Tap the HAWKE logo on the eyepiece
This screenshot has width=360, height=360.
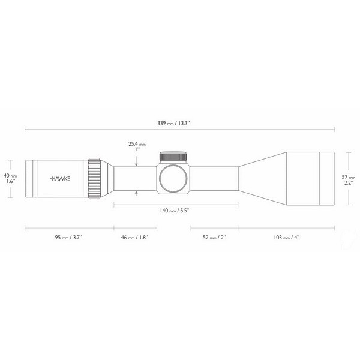pos(59,178)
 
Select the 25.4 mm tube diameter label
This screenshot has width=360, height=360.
pos(137,144)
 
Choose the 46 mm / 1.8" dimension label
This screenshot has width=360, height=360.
pos(135,238)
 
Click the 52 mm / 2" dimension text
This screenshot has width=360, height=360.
pos(214,238)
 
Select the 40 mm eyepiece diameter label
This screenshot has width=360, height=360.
pos(11,176)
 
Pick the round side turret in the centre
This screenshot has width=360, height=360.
pos(175,178)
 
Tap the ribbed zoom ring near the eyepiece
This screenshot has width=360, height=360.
pos(94,178)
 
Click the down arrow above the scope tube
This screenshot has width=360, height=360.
pos(137,163)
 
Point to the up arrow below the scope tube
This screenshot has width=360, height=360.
pos(137,193)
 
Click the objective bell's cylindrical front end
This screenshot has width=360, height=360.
pos(310,178)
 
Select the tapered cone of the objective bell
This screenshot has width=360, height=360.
pos(263,178)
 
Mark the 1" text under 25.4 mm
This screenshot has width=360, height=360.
pos(137,151)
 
